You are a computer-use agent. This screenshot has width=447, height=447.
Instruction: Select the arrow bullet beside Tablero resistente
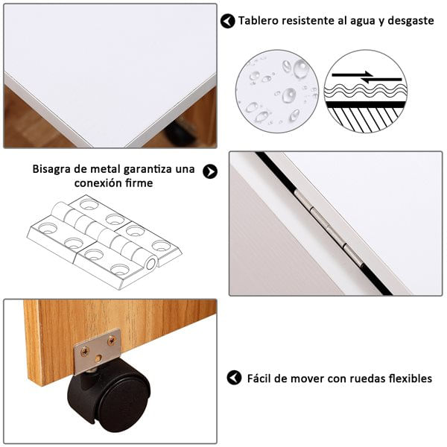tap(227, 21)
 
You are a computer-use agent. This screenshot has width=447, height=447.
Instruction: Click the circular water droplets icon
tap(277, 91)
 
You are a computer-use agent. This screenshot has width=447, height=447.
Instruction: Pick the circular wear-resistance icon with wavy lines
tap(366, 91)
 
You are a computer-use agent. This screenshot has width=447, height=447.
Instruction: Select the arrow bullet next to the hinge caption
tap(210, 171)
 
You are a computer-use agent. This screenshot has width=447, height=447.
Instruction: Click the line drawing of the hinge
tap(104, 242)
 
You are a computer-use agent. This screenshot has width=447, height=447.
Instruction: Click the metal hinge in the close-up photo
tap(328, 226)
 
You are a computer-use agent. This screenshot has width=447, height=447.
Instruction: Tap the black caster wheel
tap(110, 395)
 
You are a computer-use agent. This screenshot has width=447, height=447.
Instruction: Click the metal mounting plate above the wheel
tap(97, 352)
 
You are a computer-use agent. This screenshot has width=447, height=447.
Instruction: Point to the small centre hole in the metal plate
tap(98, 358)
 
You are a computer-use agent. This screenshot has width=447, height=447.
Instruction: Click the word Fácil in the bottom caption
tap(259, 378)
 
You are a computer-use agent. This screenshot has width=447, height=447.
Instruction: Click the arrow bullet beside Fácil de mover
tap(235, 378)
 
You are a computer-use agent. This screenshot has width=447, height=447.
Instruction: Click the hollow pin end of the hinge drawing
tap(150, 264)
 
